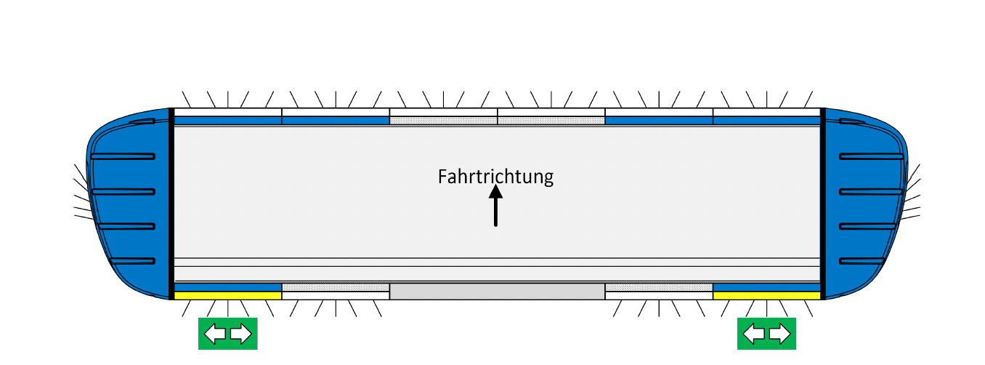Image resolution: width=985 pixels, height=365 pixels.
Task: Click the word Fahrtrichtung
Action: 495,177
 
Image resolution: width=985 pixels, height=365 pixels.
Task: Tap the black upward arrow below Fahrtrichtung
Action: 495,206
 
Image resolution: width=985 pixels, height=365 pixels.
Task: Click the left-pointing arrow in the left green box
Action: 215,334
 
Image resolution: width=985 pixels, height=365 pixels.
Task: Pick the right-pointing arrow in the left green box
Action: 241,334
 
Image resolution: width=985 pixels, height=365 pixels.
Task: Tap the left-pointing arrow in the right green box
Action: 754,334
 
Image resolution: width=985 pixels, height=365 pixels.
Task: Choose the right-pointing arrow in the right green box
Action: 779,334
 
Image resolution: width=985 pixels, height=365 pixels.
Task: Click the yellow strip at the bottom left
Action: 228,295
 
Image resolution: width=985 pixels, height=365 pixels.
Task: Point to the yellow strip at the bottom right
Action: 766,295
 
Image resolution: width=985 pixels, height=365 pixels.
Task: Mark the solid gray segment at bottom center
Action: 498,292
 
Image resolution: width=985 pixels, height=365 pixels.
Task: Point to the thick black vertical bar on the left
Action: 171,204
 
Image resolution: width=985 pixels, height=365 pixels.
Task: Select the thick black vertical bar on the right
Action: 823,204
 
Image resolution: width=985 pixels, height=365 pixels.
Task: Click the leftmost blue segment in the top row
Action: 228,120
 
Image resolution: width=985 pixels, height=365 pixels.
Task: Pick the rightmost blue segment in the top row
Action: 766,120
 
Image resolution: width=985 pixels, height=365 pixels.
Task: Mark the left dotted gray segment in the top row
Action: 443,120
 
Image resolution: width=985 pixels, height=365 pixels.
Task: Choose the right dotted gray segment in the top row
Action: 551,120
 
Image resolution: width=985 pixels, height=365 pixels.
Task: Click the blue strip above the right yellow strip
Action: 766,287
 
